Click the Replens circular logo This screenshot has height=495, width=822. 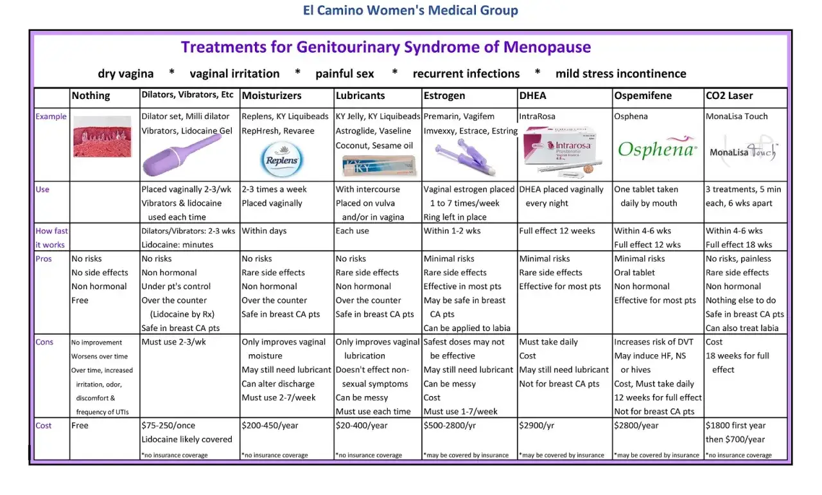[282, 159]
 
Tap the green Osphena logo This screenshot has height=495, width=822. [657, 147]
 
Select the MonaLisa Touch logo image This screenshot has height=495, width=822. [743, 150]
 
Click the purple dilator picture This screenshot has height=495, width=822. [182, 156]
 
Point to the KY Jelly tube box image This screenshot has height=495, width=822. [378, 166]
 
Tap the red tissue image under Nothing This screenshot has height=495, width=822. [102, 136]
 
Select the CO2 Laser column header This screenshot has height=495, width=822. [729, 96]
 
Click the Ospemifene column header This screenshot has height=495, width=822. [643, 96]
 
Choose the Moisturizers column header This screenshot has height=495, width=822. [272, 96]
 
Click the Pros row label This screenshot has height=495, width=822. [44, 258]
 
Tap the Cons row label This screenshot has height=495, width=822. [44, 342]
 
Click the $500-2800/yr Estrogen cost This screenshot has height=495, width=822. [450, 425]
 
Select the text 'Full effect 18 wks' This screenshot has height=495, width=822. [739, 244]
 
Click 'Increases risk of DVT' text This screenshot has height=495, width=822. [654, 342]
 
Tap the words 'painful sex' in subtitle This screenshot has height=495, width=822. [345, 74]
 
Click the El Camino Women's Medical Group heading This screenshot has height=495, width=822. [410, 10]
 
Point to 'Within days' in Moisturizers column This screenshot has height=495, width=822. [264, 231]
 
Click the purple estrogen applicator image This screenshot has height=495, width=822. [465, 157]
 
